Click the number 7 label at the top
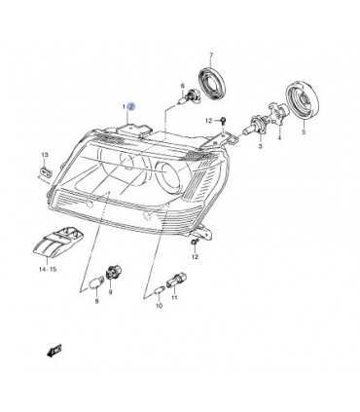point(211,55)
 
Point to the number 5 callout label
point(304,132)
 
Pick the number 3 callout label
point(260,146)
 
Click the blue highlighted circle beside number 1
point(132,106)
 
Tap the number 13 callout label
point(44,155)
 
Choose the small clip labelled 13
point(45,171)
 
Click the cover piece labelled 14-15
point(58,241)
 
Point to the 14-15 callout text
point(48,269)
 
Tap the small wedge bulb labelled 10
point(160,291)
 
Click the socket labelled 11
point(177,280)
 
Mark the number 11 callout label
point(174,297)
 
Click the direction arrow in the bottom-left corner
point(54,351)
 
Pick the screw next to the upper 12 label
point(224,121)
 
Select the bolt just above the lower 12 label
point(194,243)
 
